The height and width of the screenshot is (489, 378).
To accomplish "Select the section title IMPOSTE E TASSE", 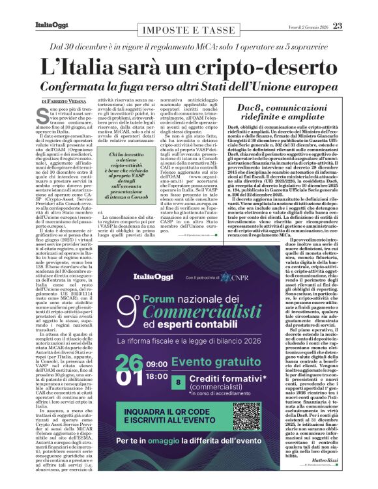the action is tap(188, 31).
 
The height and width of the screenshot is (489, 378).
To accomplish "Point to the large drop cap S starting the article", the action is tap(45, 117).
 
